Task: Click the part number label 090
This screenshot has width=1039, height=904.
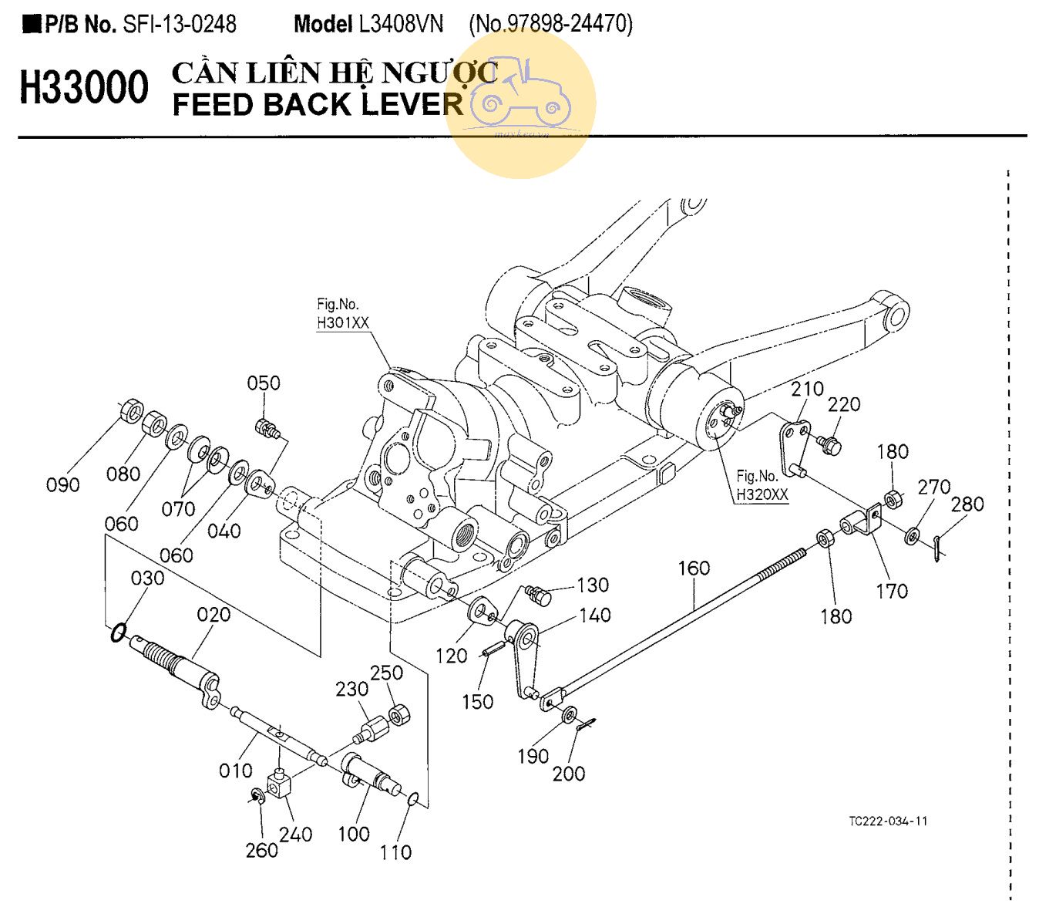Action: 62,485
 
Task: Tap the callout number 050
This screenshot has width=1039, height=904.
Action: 264,383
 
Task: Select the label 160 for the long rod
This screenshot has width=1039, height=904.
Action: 694,568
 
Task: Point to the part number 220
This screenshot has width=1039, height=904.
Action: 844,404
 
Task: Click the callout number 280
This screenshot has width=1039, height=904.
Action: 967,504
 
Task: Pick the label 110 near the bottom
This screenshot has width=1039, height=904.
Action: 395,852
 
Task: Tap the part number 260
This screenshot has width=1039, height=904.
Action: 261,850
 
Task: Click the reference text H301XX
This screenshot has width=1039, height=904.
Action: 343,323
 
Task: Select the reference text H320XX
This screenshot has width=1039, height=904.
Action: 762,494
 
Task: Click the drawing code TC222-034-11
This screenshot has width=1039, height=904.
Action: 888,821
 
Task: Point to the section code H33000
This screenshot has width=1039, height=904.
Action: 84,87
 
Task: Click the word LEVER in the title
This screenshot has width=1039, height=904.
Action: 412,104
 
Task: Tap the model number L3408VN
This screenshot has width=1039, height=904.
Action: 401,24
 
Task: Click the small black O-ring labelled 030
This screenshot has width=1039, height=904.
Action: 118,633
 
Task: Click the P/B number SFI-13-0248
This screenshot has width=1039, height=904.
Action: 180,24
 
